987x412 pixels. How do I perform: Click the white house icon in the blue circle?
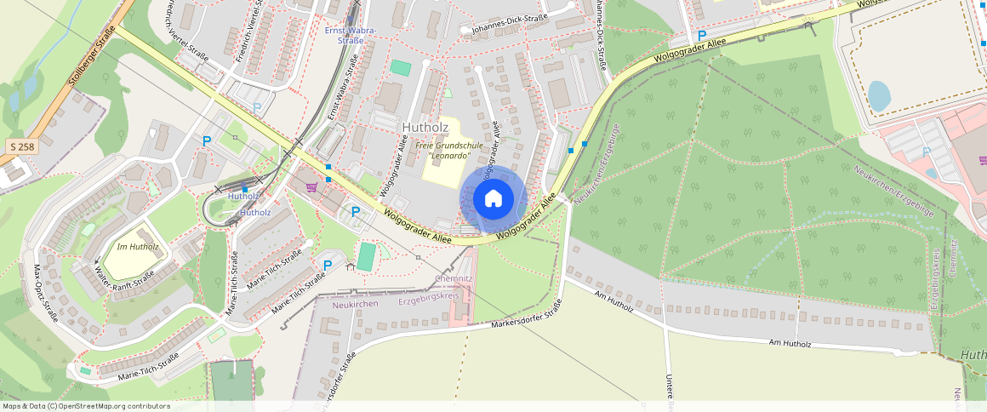tap(493, 199)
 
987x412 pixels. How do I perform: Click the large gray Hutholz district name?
tap(424, 128)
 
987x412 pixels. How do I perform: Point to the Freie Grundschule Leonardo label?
tap(449, 151)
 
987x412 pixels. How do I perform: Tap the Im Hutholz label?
tap(138, 247)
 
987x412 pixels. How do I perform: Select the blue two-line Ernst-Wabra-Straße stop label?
tap(351, 35)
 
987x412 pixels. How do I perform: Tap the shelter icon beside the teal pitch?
tap(350, 266)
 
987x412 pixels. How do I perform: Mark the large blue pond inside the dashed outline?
tap(879, 95)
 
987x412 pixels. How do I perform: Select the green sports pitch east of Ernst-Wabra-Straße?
tap(400, 67)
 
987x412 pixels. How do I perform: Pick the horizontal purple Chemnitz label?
tap(454, 278)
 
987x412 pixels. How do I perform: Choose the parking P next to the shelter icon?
tap(327, 266)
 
